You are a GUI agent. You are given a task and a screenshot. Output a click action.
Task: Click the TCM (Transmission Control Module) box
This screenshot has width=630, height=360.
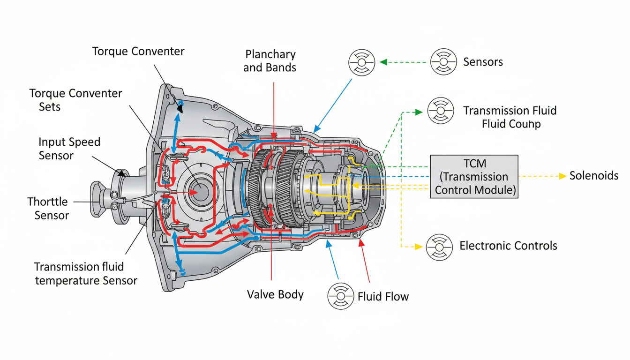(474, 177)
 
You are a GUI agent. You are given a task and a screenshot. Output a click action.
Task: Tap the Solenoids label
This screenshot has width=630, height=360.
(594, 176)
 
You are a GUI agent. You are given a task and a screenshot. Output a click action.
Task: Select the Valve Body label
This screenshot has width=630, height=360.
(275, 294)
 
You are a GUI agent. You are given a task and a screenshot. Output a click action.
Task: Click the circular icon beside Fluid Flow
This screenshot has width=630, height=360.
(341, 296)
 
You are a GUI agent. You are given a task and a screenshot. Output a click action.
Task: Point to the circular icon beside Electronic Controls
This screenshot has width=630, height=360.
(439, 247)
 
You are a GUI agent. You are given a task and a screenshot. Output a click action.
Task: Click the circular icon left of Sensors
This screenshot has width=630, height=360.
(362, 62)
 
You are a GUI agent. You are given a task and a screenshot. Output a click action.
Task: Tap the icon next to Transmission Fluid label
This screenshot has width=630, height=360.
(441, 111)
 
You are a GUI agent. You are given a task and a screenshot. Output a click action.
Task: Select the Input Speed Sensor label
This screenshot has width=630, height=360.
(69, 149)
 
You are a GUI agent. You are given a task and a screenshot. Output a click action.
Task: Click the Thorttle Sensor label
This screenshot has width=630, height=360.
(48, 209)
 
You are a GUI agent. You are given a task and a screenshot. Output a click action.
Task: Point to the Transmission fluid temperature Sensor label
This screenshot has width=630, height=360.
(86, 273)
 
